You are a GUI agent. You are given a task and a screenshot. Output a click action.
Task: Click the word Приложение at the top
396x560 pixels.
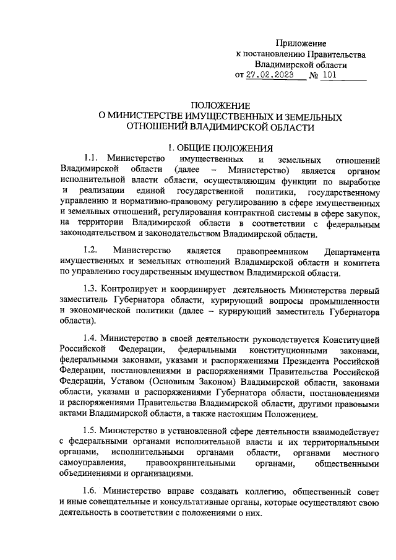(x=301, y=43)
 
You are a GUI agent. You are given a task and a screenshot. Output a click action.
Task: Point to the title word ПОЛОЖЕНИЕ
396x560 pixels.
(x=220, y=106)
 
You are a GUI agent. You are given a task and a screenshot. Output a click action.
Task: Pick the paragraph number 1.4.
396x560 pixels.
(x=92, y=340)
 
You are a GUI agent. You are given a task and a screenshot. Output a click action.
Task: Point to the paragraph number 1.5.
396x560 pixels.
(x=92, y=430)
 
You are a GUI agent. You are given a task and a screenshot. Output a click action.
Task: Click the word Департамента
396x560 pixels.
(x=351, y=250)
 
